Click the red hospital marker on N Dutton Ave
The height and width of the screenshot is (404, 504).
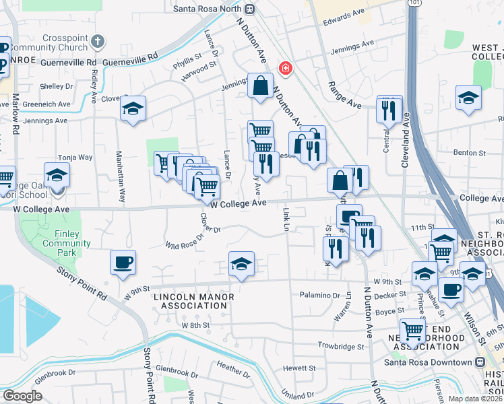(x=286, y=69)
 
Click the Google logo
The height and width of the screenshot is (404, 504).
(x=22, y=395)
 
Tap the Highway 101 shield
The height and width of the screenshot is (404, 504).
(x=411, y=4)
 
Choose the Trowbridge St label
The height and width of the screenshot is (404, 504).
(x=342, y=346)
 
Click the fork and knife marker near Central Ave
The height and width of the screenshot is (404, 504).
(x=389, y=109)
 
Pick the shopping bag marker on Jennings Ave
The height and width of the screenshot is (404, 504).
(x=260, y=86)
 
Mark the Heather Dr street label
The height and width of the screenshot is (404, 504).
(x=234, y=368)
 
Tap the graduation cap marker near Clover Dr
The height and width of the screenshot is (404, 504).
(x=133, y=109)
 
